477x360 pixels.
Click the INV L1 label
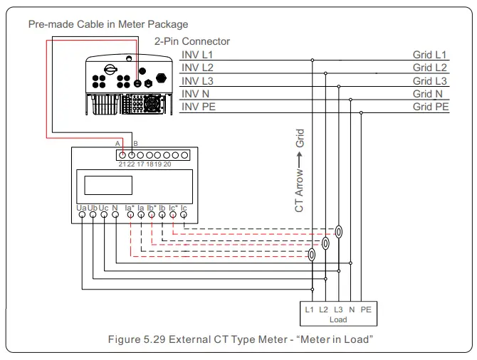point(197,54)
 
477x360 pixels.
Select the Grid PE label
point(431,106)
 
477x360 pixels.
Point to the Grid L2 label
point(431,67)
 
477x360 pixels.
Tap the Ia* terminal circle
point(130,215)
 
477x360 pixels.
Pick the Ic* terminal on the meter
point(173,215)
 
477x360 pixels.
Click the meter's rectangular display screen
point(104,185)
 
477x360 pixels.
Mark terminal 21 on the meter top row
point(122,154)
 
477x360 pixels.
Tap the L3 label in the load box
point(338,309)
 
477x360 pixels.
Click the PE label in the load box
point(366,309)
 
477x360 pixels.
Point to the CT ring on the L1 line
point(312,255)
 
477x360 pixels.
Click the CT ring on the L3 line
point(340,232)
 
